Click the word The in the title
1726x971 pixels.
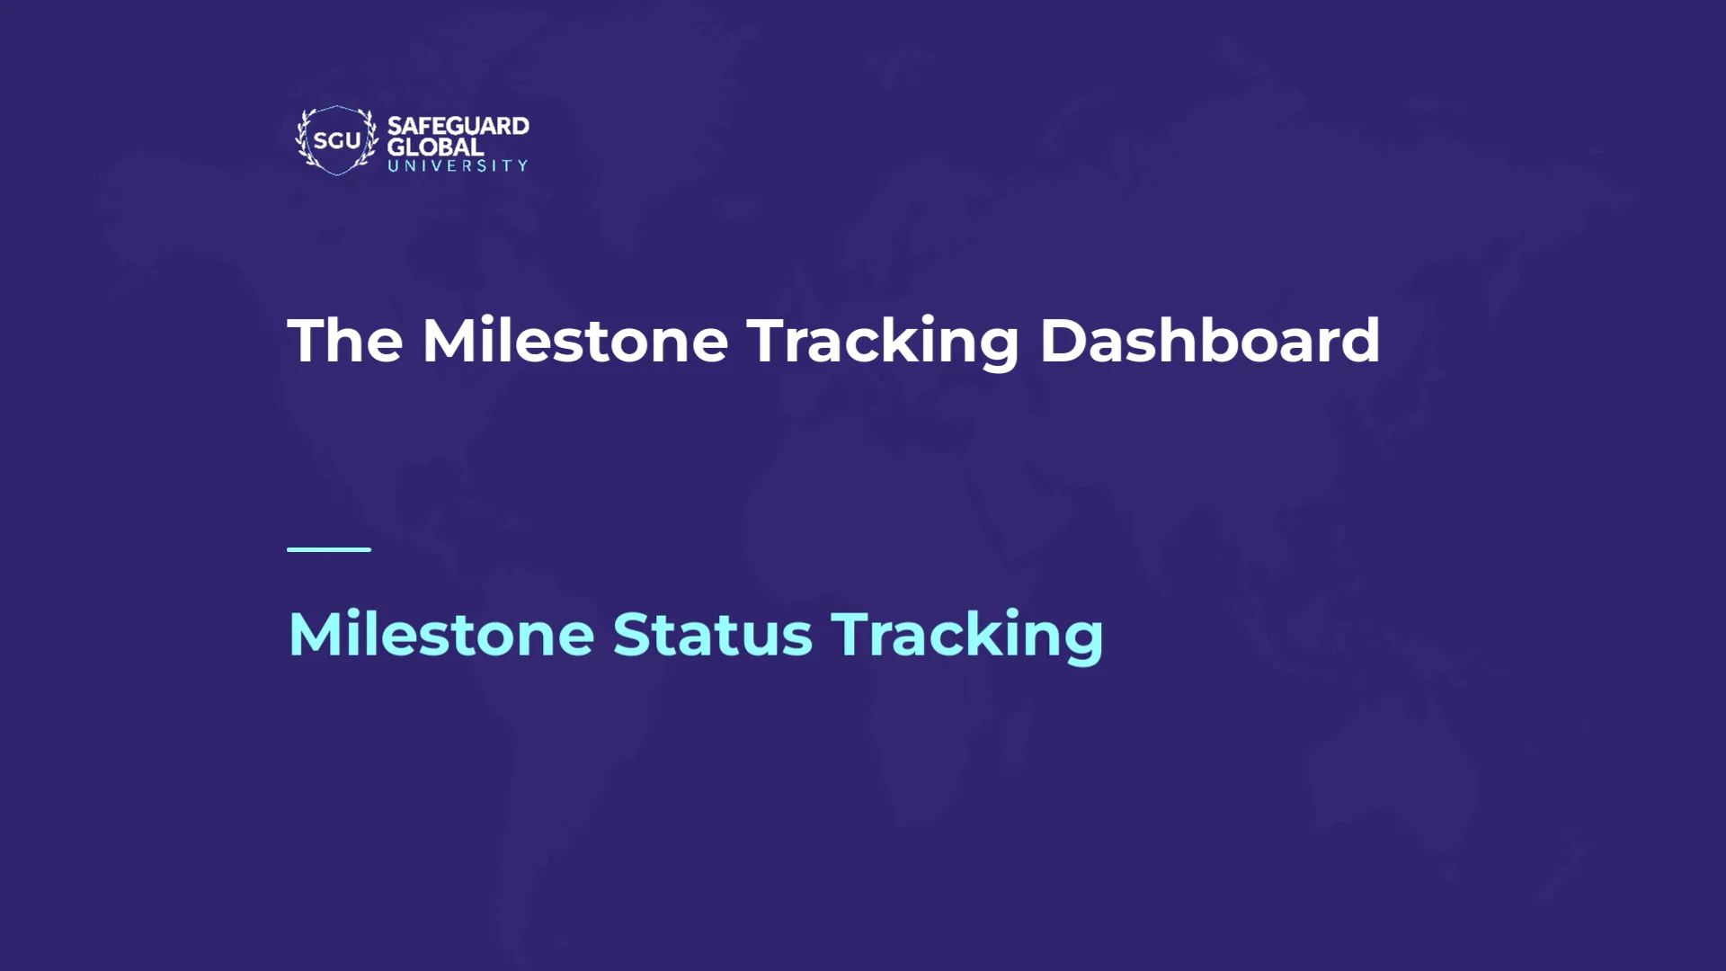pos(345,341)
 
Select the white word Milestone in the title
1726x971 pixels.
pos(575,341)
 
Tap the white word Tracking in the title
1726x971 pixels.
pos(883,343)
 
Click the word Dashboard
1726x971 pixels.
pos(1209,341)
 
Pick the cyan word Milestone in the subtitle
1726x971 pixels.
pos(440,635)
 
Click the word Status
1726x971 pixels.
pos(712,635)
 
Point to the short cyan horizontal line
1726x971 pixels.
pos(329,549)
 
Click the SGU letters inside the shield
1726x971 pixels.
pos(336,141)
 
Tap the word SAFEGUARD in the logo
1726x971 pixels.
pos(458,126)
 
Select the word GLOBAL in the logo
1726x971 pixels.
pos(435,147)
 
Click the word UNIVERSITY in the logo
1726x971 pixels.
pos(458,166)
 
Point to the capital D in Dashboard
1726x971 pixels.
pos(1063,341)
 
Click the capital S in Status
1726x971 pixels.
pos(631,635)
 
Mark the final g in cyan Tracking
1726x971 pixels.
pos(1082,640)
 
